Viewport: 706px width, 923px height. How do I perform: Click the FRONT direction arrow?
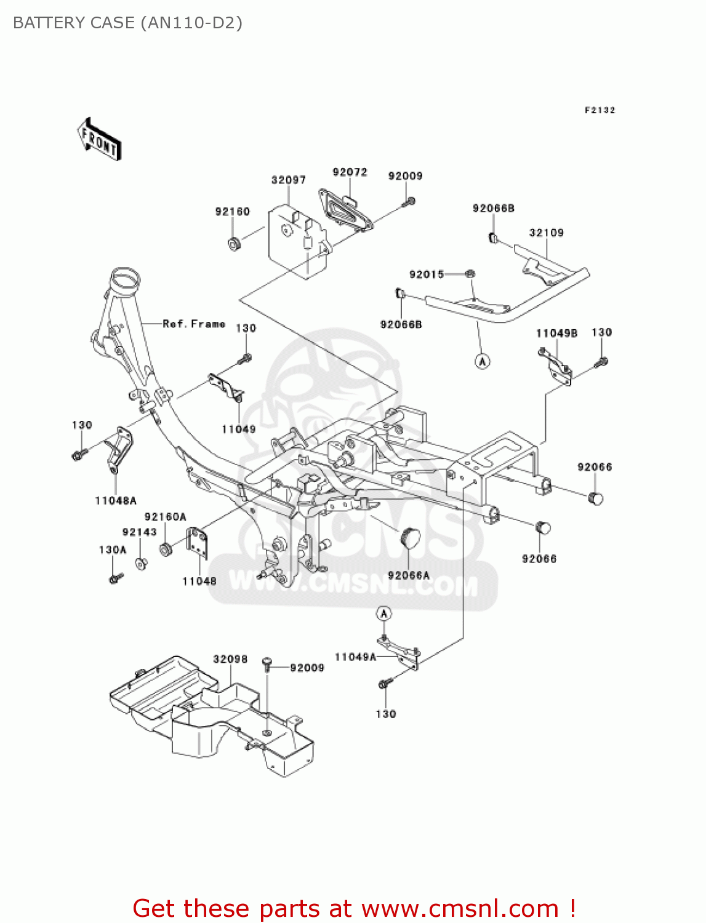99,140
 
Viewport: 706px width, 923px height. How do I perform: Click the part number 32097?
289,180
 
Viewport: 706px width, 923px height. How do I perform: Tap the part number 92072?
350,172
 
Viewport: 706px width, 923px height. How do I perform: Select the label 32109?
547,233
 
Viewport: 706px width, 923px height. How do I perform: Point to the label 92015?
427,274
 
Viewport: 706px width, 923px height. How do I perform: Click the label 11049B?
556,334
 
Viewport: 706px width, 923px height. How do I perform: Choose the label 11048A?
116,501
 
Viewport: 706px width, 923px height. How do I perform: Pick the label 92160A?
165,517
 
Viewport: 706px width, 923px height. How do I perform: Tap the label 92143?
140,532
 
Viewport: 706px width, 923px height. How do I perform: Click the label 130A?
113,549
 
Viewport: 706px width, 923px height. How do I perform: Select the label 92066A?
409,575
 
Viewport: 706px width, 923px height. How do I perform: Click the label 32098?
230,659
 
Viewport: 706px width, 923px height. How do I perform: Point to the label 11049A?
355,657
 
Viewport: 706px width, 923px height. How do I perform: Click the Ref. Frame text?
194,324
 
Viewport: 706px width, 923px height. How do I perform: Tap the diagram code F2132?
600,110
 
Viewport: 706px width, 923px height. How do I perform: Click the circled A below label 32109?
483,361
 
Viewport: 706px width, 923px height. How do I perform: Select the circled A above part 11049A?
383,613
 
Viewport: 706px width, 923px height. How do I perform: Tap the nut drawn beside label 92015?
469,274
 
